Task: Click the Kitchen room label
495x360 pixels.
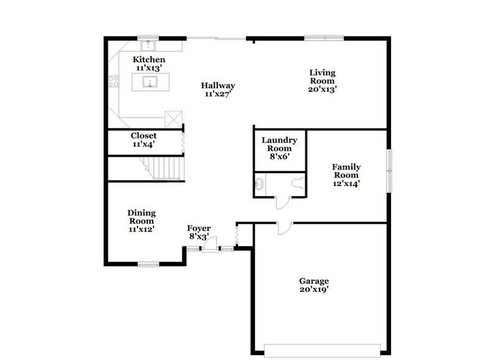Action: (x=149, y=64)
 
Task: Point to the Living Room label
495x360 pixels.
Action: (x=322, y=80)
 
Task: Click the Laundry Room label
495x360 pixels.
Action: (x=280, y=148)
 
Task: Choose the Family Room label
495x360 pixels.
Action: (x=346, y=174)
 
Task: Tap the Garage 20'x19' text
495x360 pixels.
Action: (x=313, y=285)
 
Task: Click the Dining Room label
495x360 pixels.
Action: (x=141, y=220)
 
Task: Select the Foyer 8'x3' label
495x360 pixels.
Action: (x=199, y=232)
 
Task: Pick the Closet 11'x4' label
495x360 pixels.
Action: (x=144, y=140)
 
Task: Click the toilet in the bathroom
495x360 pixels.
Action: (x=298, y=182)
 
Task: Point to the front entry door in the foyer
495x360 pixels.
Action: (x=209, y=246)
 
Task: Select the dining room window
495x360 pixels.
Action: (x=148, y=264)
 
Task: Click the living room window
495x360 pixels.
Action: (x=325, y=38)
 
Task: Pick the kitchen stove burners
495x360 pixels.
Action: (x=113, y=80)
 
